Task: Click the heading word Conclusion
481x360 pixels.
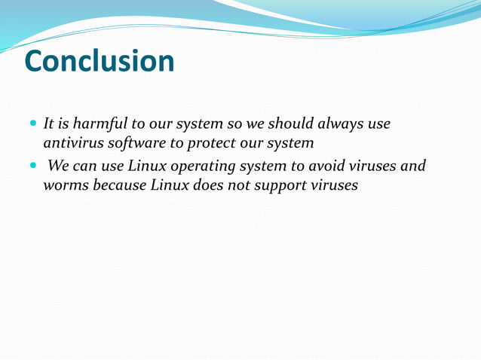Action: [x=100, y=61]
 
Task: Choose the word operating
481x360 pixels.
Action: [x=212, y=166]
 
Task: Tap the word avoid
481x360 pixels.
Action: [x=324, y=165]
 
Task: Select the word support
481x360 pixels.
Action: [x=277, y=185]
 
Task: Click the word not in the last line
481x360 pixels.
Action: [x=236, y=185]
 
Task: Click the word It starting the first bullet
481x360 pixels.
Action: [x=49, y=123]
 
